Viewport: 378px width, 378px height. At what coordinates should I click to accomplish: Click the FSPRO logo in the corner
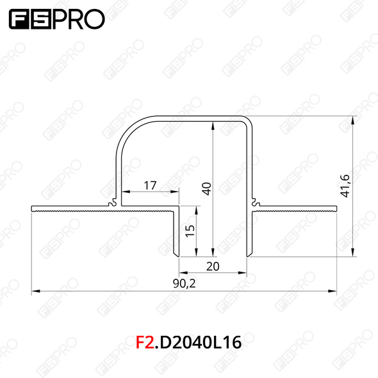pos(57,19)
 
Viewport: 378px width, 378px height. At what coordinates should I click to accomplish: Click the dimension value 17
pos(150,186)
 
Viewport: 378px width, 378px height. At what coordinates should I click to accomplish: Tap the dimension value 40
pos(207,189)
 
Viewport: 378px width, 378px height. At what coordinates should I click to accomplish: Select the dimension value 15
pos(190,231)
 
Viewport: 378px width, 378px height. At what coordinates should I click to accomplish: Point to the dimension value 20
pos(213,267)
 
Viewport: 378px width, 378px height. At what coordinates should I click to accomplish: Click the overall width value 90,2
pos(185,283)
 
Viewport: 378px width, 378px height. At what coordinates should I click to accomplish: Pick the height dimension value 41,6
pos(346,186)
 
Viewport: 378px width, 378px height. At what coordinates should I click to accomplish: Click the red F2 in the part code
pos(145,343)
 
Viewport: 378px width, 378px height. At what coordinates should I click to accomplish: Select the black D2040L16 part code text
pos(201,343)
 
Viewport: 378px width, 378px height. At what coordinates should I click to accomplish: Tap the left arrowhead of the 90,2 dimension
pos(36,292)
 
